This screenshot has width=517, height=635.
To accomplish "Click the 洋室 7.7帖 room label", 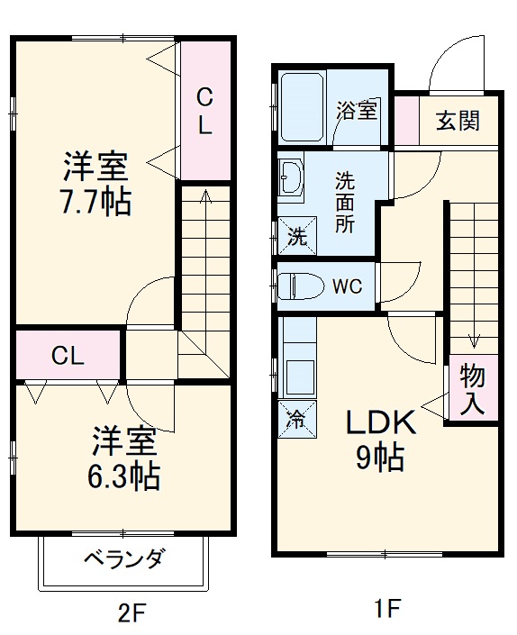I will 95,184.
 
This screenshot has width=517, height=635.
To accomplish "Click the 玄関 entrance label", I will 458,121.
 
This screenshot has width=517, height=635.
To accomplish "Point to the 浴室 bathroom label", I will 357,112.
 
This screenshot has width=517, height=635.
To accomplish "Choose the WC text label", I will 348,287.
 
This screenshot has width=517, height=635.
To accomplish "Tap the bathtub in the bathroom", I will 304,107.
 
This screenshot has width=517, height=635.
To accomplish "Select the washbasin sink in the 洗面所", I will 291,179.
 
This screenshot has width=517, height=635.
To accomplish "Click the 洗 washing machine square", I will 295,238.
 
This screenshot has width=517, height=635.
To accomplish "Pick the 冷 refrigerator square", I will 295,418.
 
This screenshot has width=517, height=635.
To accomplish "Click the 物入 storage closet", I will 472,390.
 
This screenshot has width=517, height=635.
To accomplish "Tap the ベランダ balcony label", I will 124,558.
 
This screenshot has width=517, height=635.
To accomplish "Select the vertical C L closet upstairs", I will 205,110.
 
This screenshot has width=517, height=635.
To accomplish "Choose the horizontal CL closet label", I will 68,356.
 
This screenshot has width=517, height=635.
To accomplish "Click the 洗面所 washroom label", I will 345,203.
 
